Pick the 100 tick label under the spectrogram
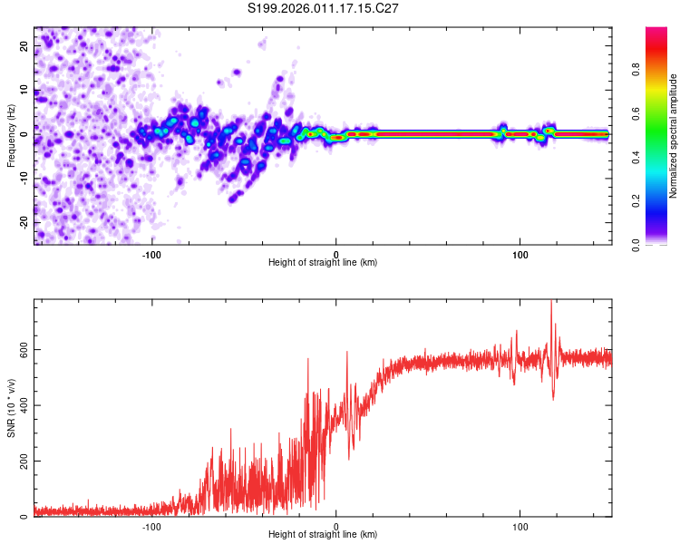coord(520,254)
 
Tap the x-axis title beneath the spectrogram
coord(323,263)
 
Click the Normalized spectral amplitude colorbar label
coord(674,136)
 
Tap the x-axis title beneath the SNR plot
coord(323,536)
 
